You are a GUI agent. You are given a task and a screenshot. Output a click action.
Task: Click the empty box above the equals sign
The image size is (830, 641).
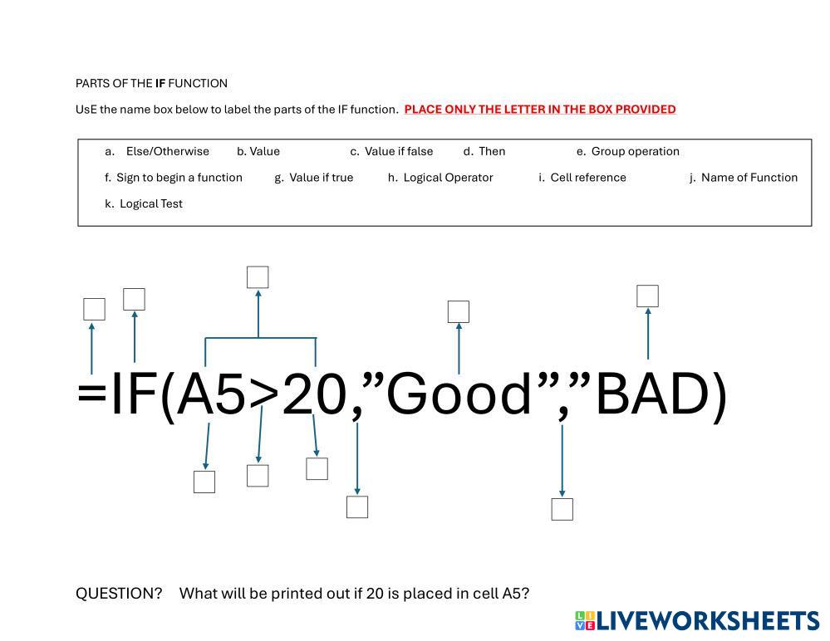pos(94,309)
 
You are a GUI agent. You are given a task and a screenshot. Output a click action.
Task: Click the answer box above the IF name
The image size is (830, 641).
pos(134,299)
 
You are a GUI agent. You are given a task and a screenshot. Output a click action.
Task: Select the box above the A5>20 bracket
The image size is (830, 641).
pos(258,276)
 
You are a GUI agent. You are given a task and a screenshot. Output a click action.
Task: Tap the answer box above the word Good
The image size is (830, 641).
pos(458,311)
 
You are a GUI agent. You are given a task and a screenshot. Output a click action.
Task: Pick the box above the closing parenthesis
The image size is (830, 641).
pos(647,296)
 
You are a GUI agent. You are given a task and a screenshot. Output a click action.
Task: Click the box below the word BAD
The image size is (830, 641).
pos(562,509)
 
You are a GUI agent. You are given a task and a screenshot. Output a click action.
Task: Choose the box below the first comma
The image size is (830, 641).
pos(356,506)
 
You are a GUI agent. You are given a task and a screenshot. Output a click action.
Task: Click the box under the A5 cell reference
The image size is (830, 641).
pos(204,482)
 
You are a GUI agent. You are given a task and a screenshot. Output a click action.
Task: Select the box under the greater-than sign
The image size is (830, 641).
pos(258,476)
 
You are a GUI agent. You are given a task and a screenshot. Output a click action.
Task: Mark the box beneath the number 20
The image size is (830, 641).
pos(317,468)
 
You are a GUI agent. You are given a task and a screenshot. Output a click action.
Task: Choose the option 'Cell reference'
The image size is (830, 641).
pos(587,178)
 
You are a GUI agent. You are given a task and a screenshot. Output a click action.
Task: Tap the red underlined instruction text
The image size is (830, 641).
pos(539,109)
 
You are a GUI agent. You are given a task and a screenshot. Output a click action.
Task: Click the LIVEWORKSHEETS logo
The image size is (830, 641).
pos(696,621)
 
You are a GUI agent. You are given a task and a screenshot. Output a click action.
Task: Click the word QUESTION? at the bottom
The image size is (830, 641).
pos(119,594)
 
